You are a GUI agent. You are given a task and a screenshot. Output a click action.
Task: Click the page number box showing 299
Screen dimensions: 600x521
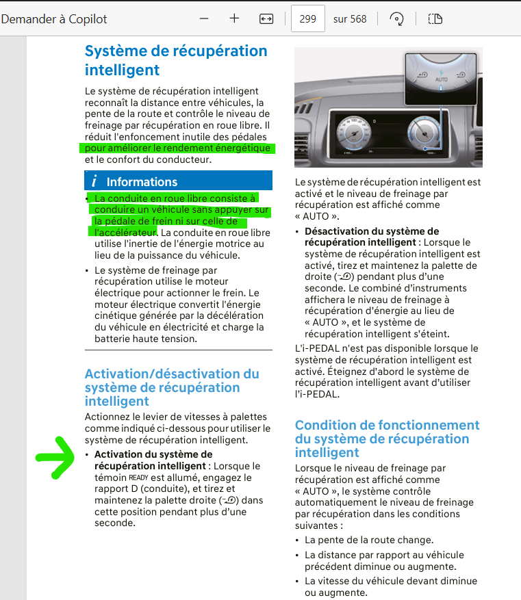click(x=307, y=18)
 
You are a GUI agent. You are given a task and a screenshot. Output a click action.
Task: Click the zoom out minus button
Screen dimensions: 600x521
click(x=204, y=18)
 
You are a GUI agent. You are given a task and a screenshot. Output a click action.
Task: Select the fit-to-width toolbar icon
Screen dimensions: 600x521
click(x=266, y=19)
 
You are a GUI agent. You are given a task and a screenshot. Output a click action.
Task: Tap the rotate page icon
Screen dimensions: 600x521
click(x=396, y=19)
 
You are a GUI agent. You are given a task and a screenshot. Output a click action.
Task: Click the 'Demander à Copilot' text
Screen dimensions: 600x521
click(x=54, y=18)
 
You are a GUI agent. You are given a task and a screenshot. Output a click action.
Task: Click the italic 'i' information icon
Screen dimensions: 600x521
click(x=94, y=181)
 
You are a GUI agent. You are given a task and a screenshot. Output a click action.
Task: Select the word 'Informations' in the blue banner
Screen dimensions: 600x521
click(x=142, y=181)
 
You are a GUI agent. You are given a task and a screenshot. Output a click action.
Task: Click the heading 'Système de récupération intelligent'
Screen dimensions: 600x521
click(x=176, y=60)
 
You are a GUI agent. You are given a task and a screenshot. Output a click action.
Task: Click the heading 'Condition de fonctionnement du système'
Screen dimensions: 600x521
click(x=387, y=439)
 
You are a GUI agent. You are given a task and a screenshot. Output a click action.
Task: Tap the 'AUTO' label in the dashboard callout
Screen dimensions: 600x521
click(x=441, y=80)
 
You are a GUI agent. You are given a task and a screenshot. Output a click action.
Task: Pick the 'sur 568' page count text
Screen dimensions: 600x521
click(x=350, y=19)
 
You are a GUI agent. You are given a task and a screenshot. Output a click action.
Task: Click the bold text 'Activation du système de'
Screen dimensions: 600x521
click(x=153, y=454)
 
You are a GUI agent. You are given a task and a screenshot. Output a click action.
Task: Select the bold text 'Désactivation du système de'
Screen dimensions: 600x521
click(x=372, y=231)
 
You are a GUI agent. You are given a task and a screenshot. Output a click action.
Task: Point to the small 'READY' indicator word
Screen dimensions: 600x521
click(x=138, y=478)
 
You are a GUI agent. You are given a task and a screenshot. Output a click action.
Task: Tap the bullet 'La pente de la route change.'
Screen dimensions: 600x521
click(x=369, y=540)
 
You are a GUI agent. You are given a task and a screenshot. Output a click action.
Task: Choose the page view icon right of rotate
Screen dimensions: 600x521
click(x=435, y=19)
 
